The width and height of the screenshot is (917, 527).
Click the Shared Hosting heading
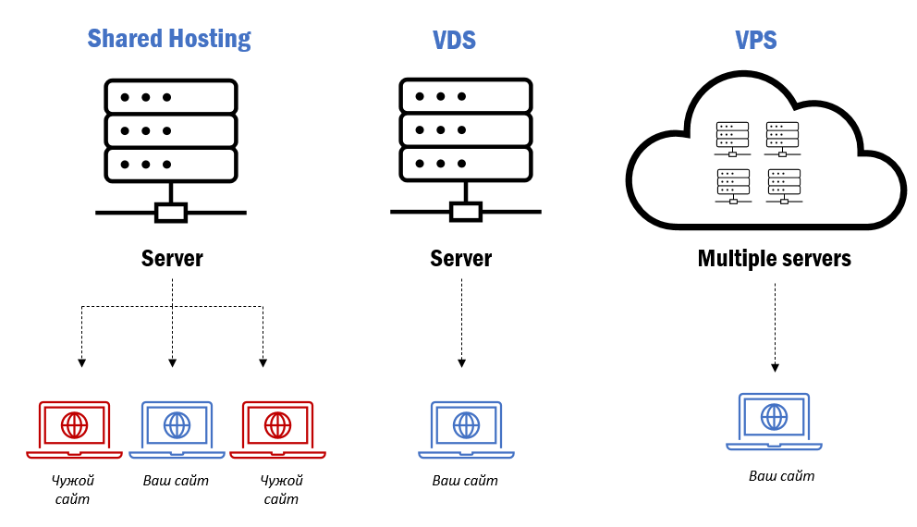pos(169,39)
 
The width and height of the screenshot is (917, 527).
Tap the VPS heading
pos(755,41)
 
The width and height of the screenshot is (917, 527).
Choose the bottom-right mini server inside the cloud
pos(784,186)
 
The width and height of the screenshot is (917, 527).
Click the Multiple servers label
pos(774,258)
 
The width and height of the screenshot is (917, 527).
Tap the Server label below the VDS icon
pos(460,258)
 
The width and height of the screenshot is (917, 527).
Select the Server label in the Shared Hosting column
pos(172,258)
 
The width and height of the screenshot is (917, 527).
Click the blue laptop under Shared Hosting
pos(177,429)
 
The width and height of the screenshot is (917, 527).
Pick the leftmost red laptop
pos(74,429)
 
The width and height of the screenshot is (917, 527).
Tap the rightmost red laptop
pos(277,429)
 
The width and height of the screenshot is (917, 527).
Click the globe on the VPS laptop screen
pos(774,417)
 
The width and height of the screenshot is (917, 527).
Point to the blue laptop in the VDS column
pos(466,429)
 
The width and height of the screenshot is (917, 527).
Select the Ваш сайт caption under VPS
pos(781,476)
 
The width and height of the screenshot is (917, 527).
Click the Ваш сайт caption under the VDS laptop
pos(465,480)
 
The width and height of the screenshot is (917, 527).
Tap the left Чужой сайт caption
pos(74,489)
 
